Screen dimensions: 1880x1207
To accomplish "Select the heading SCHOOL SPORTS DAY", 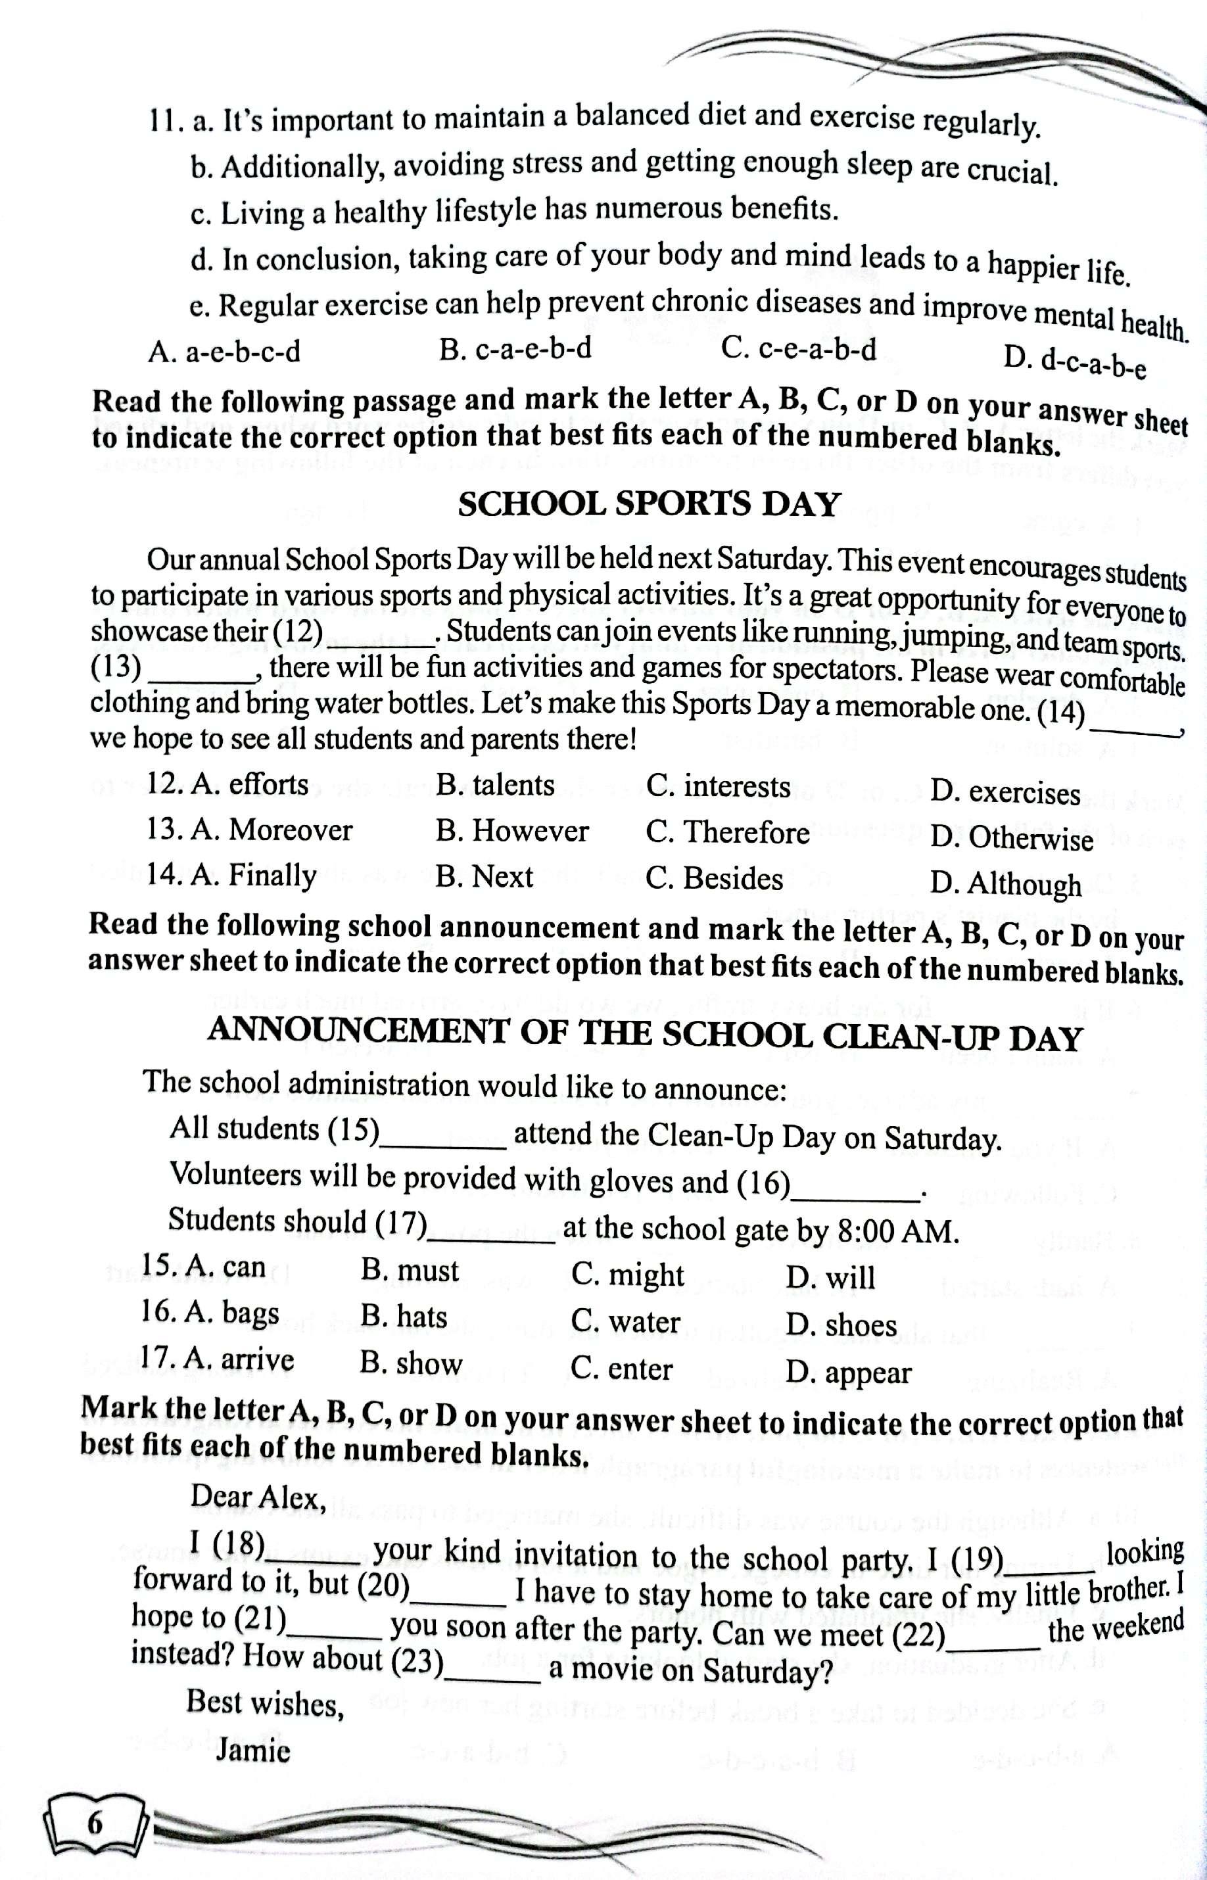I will click(x=648, y=504).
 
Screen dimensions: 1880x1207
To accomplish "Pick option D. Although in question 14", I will click(x=1006, y=884).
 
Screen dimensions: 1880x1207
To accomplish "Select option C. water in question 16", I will click(x=625, y=1322).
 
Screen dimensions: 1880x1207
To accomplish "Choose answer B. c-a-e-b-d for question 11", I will click(x=515, y=350).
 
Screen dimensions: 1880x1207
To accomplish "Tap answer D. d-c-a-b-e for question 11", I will click(x=1076, y=362).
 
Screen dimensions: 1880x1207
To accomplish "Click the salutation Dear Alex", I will click(x=258, y=1497).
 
